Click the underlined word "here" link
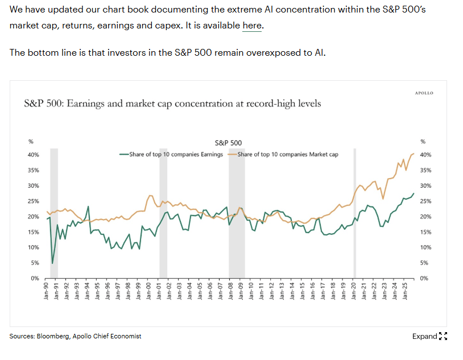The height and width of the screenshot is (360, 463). pos(253,26)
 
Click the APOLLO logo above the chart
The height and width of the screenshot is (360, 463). pos(424,93)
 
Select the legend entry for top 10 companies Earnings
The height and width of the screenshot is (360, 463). pos(171,154)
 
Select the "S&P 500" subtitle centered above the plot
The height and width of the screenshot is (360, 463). pos(228,143)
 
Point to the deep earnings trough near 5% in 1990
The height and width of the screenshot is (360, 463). pos(52,263)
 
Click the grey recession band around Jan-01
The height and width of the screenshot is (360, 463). pos(163,213)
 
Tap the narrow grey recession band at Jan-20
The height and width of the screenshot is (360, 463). pos(354,213)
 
